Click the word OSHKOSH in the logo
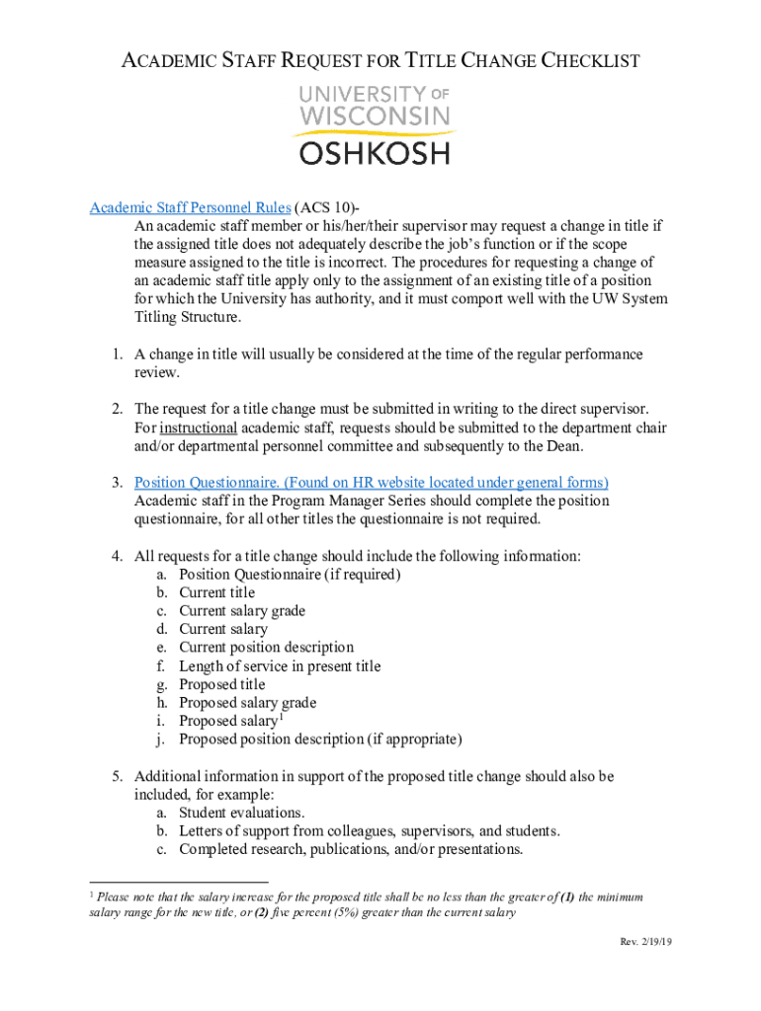tap(374, 153)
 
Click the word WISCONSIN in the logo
tap(374, 117)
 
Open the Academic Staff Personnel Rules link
tap(190, 207)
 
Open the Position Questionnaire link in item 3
tap(371, 482)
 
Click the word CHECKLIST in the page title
tap(589, 61)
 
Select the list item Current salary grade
tap(241, 611)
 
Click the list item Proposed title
tap(221, 684)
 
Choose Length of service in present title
tap(280, 666)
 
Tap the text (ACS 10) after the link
tap(325, 207)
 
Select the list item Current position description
tap(266, 648)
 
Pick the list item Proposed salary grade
tap(247, 703)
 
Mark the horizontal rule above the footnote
tap(178, 881)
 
